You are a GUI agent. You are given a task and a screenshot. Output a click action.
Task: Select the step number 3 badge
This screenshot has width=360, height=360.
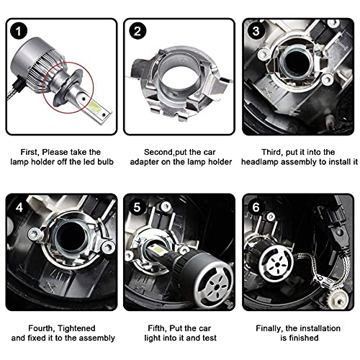[x=255, y=32]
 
